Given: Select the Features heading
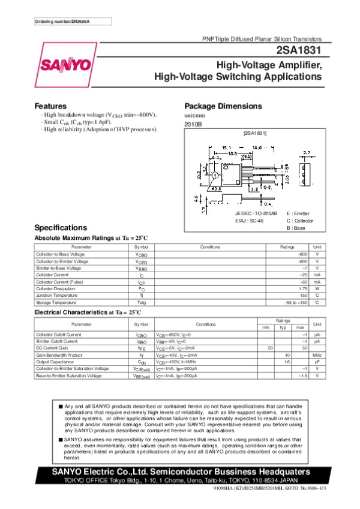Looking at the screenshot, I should (x=50, y=106).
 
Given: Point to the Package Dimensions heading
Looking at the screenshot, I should (x=224, y=106).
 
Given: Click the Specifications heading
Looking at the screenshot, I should (x=61, y=228).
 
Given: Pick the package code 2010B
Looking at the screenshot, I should (x=193, y=124).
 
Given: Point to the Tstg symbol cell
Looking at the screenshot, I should (x=141, y=302).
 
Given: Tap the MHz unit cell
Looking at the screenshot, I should (x=317, y=355).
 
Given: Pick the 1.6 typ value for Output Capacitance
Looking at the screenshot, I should (x=287, y=362).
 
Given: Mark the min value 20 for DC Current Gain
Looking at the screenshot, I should (x=270, y=348).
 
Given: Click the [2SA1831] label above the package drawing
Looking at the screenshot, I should (x=254, y=132).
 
